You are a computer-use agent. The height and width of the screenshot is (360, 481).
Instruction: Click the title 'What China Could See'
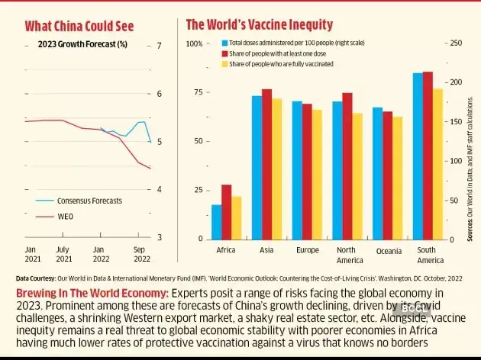79,26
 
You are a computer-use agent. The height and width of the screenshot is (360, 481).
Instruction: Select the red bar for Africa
227,211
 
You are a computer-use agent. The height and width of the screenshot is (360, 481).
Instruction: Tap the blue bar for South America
418,156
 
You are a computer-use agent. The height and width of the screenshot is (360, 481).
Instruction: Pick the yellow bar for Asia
276,169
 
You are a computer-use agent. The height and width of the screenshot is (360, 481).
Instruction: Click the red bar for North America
347,166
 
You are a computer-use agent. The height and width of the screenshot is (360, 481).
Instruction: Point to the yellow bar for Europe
317,174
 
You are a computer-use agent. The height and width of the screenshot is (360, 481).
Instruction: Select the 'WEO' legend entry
66,217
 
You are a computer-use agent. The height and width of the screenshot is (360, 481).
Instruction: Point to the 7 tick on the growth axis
159,46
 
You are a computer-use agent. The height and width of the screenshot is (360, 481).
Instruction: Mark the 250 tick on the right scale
457,43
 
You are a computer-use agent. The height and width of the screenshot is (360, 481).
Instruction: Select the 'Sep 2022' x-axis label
139,254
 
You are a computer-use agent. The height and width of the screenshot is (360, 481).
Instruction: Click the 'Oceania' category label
387,251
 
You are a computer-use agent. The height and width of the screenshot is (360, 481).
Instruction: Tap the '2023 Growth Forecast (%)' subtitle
82,45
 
